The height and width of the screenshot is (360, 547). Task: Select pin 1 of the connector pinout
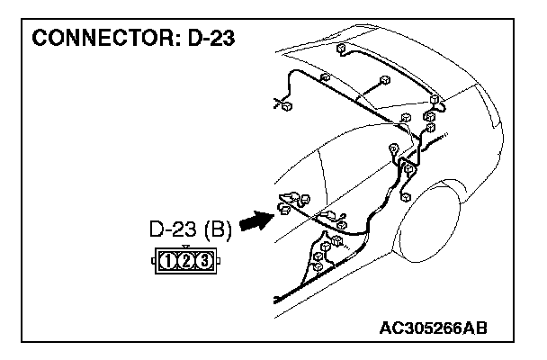tap(169, 261)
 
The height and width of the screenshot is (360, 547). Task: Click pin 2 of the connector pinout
tap(185, 261)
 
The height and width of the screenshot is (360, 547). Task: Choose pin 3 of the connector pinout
tap(202, 261)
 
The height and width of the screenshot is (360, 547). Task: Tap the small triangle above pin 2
tap(185, 247)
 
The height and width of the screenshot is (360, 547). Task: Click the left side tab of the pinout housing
tap(153, 262)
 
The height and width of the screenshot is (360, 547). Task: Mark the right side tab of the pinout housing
tap(219, 262)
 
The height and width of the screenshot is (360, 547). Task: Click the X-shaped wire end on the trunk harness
tap(277, 104)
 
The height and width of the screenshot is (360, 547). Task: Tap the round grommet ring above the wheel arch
tap(392, 148)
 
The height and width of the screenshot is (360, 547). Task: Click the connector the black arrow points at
tap(286, 209)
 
